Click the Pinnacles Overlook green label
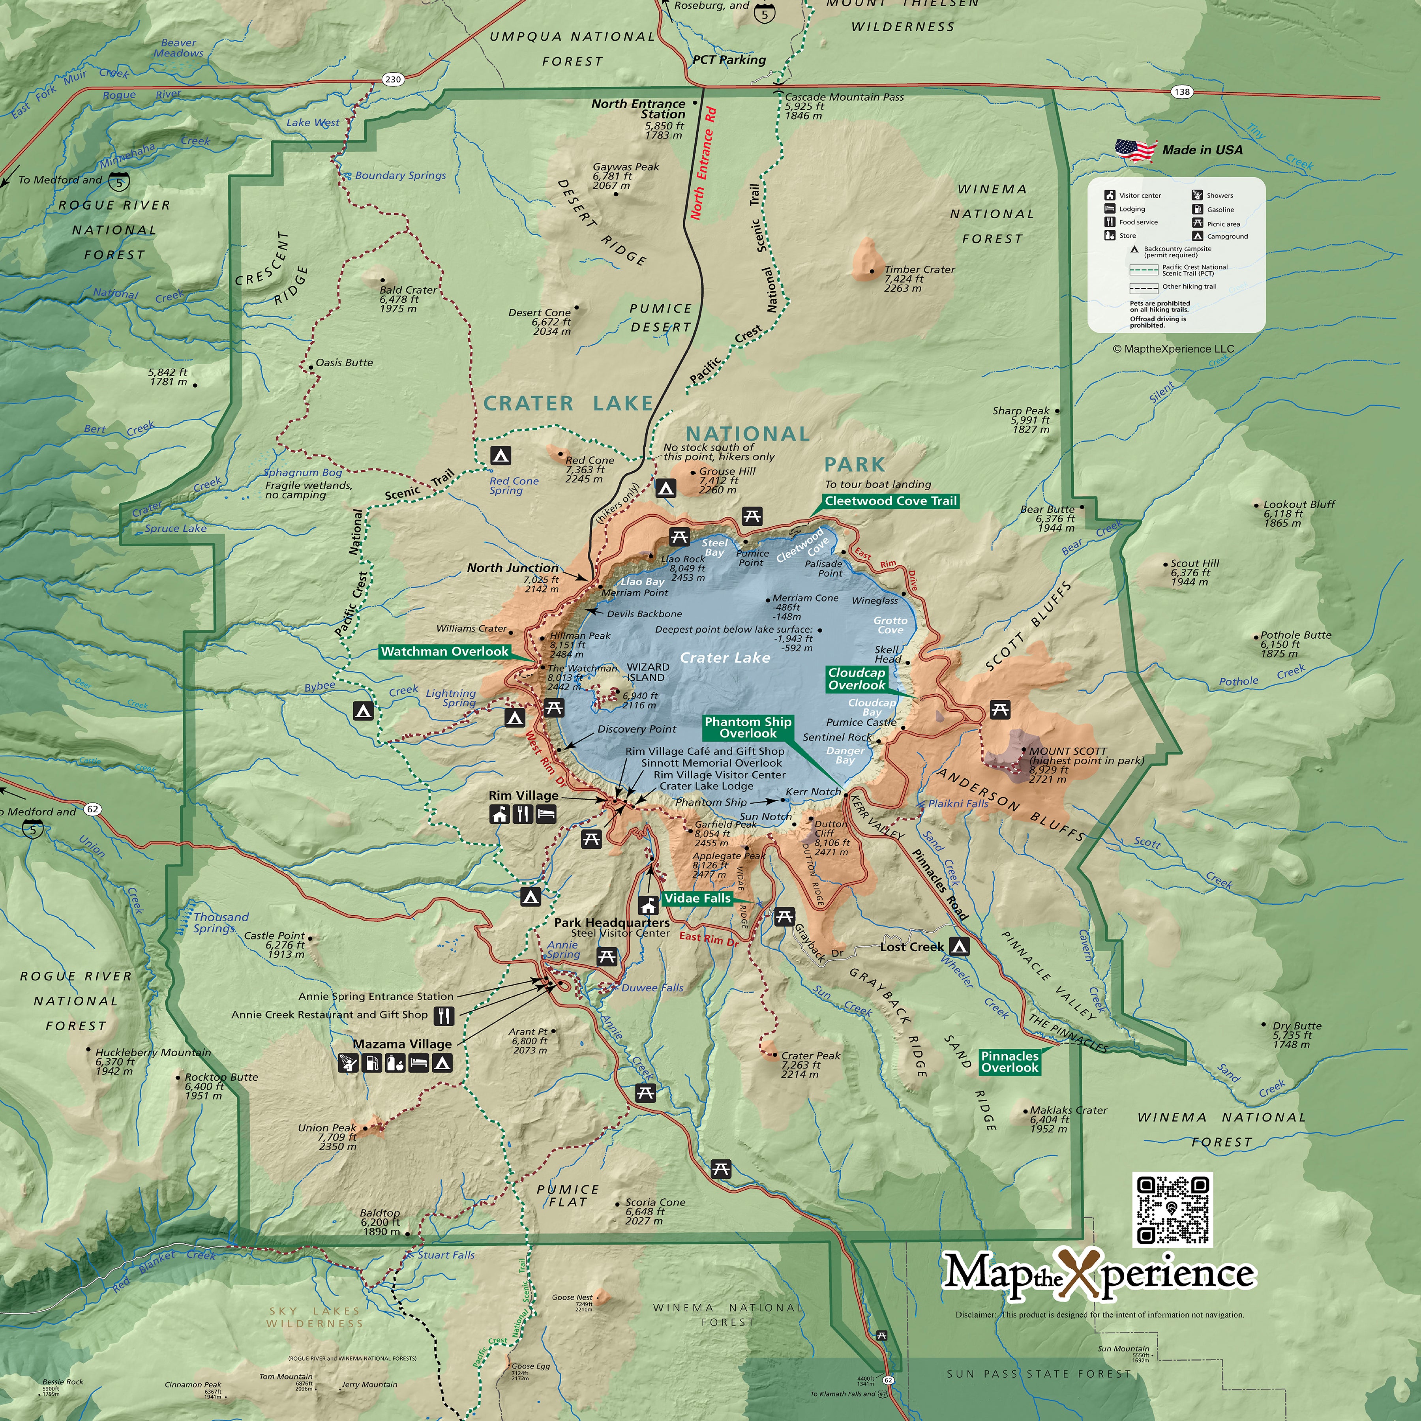1010,1062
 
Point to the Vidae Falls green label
697,898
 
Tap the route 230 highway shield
393,79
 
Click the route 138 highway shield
1181,92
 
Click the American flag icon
1135,150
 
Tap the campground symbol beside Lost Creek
959,947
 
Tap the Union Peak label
326,1128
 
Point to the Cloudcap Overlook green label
857,679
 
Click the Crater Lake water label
724,658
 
